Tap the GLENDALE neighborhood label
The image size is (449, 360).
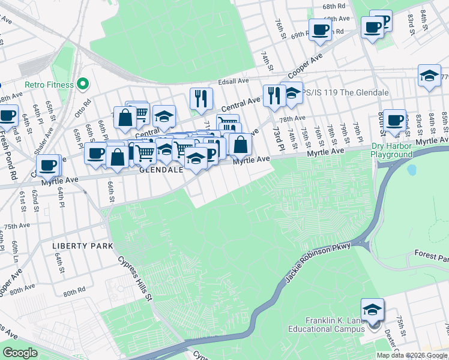coord(161,170)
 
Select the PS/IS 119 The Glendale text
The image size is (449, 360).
coord(345,93)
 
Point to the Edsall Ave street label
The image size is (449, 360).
coord(234,81)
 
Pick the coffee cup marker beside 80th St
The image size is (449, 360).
coord(394,121)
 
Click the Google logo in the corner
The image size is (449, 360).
coord(20,352)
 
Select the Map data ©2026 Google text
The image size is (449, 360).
coord(412,355)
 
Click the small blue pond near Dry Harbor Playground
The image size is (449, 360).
coord(411,170)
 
